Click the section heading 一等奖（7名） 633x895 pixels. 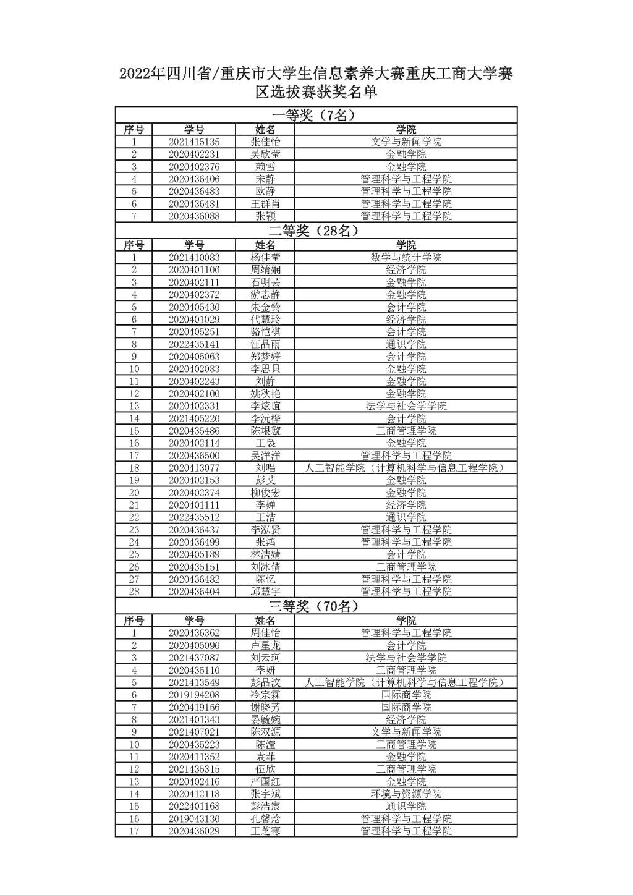tap(315, 115)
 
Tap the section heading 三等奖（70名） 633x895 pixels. tap(315, 606)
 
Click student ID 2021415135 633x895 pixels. tap(193, 142)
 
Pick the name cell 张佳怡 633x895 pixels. tap(265, 142)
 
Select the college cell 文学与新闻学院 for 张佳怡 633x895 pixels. tap(406, 142)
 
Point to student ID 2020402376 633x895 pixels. tap(193, 166)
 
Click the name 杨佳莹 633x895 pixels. tap(265, 257)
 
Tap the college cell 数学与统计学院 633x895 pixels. tap(406, 257)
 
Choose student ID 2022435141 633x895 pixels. tap(193, 344)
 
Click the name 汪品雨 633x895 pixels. tap(265, 344)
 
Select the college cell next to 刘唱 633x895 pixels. tap(406, 468)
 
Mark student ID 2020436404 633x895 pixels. tap(193, 592)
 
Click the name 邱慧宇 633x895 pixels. tap(265, 592)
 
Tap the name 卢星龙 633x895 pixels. tap(265, 645)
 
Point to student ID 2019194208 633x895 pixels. tap(193, 695)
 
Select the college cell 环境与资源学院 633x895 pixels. tap(406, 794)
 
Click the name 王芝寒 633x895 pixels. tap(265, 831)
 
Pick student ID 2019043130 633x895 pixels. tap(193, 818)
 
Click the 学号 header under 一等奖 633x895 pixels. tap(193, 129)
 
